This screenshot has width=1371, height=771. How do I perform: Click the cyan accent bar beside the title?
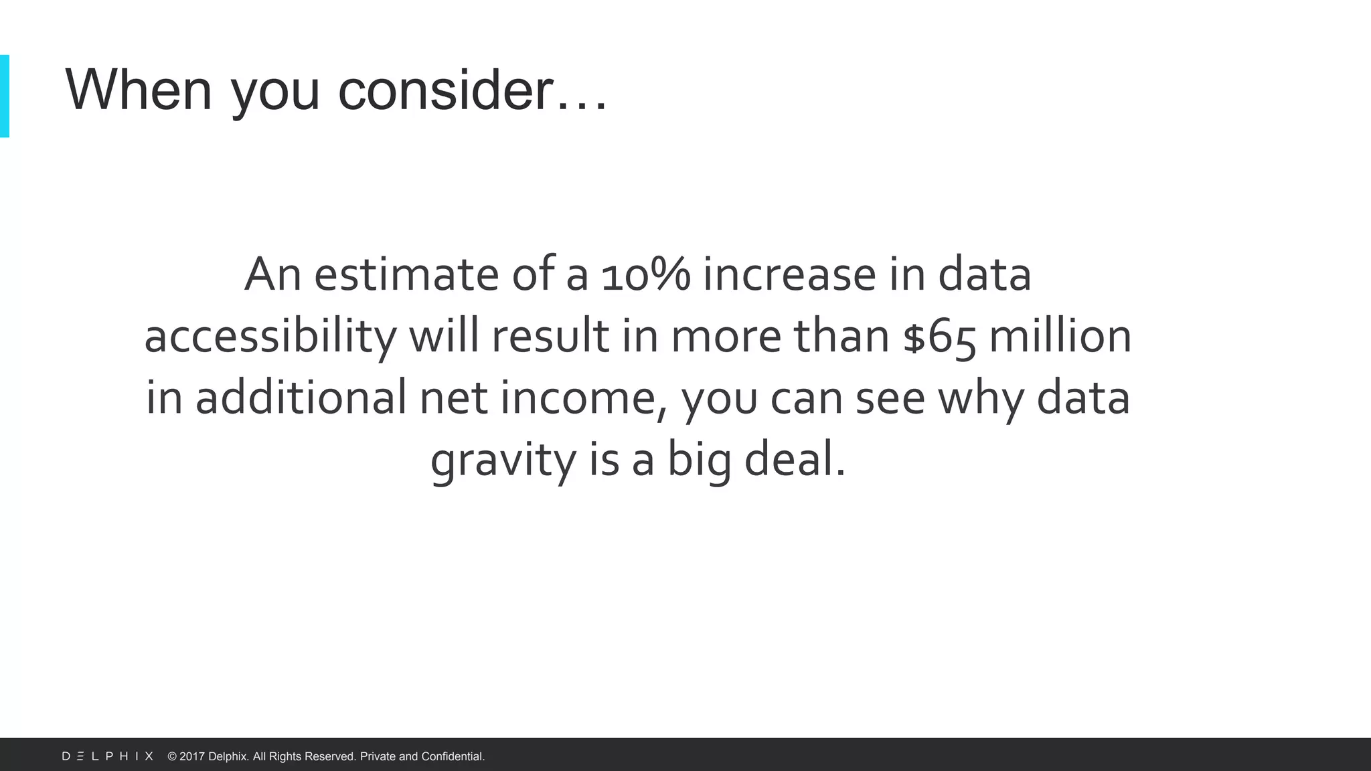click(5, 96)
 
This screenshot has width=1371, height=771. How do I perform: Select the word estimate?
click(406, 274)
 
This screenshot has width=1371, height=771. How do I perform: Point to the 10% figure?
click(645, 274)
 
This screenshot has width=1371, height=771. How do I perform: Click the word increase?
click(789, 274)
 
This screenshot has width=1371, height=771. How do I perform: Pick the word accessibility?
click(270, 337)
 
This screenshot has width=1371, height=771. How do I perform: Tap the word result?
click(550, 336)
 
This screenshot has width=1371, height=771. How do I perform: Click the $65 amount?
click(939, 337)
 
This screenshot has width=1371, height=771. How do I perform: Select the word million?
click(1060, 336)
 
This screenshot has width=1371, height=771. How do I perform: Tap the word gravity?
click(503, 461)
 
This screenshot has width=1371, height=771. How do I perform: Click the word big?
click(700, 461)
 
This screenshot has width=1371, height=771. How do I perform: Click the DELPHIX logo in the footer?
click(108, 756)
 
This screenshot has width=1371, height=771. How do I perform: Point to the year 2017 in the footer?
click(192, 756)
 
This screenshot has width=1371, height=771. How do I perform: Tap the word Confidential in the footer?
click(453, 756)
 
